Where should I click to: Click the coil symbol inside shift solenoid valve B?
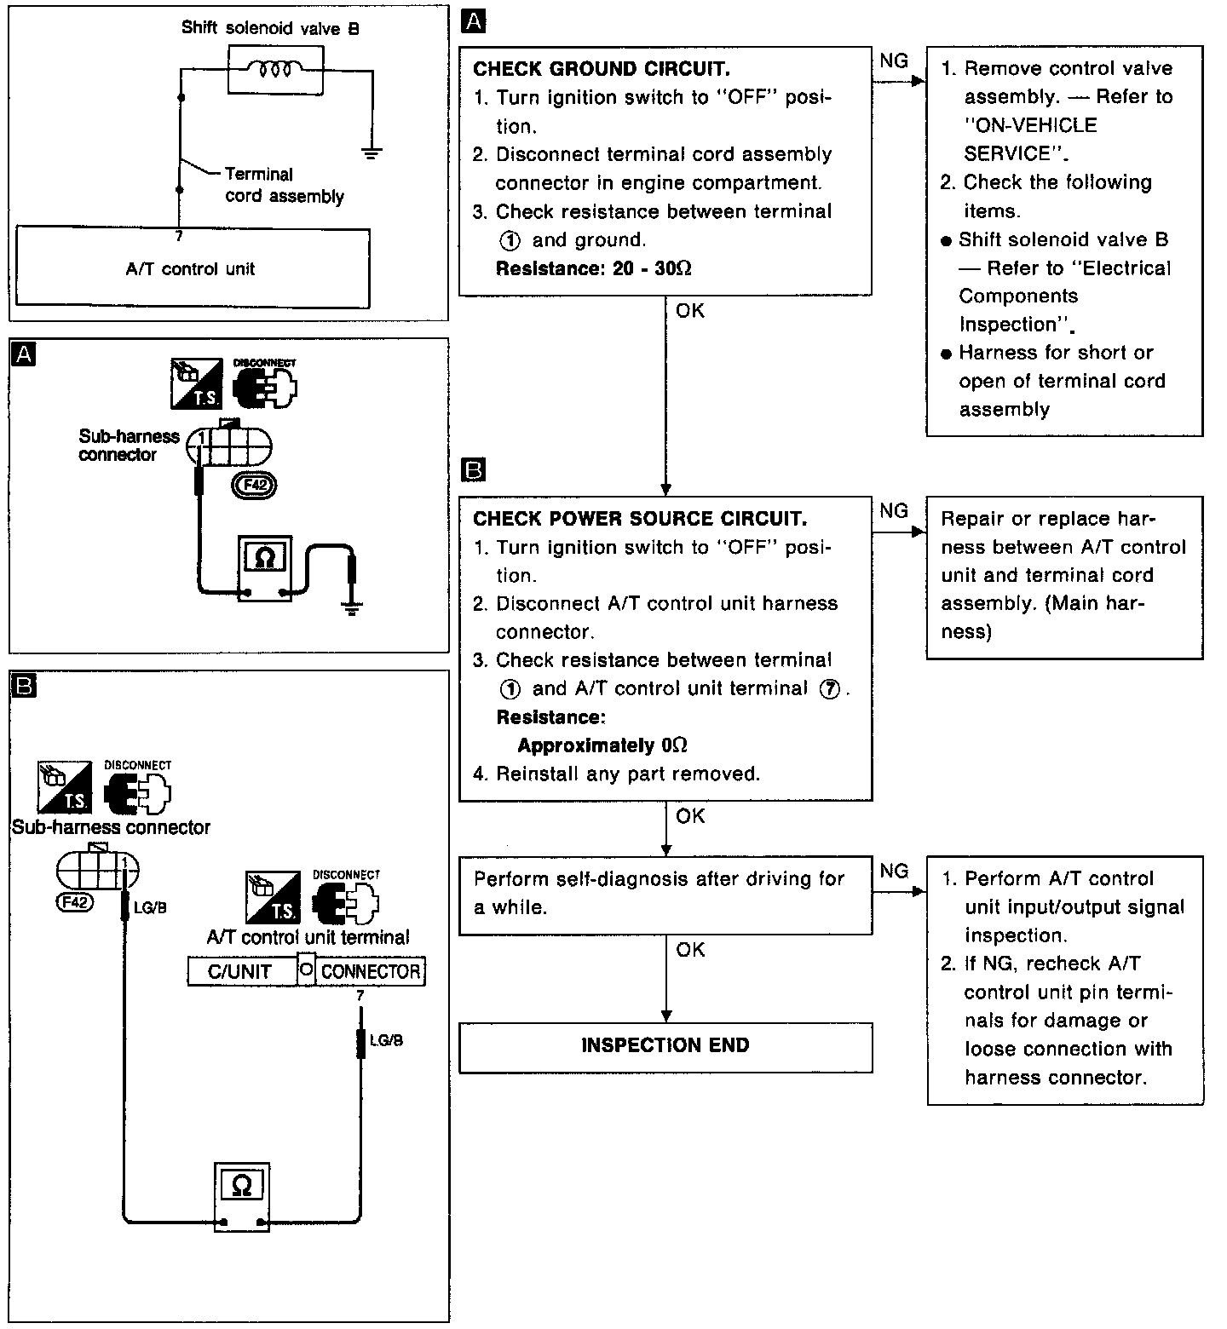pos(275,68)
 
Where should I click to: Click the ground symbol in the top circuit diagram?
pos(372,154)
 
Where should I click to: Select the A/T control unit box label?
pos(191,269)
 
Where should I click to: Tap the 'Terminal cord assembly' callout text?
pos(284,186)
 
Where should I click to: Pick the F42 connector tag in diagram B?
pos(74,901)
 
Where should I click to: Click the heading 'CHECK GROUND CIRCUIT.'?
pos(602,69)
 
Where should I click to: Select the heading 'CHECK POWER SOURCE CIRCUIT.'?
pos(640,519)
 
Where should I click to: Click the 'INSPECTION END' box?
pos(665,1046)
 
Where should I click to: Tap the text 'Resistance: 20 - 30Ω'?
pos(594,268)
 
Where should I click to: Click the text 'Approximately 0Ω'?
pos(602,745)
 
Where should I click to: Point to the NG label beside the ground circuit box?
pos(893,60)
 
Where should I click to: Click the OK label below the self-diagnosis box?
pos(690,950)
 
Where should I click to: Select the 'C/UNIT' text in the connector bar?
pos(239,972)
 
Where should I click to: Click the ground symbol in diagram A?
pos(351,606)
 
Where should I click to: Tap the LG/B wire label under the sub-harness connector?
pos(150,908)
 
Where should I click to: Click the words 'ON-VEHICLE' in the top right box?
pos(1030,125)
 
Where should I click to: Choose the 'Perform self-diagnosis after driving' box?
pos(665,895)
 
